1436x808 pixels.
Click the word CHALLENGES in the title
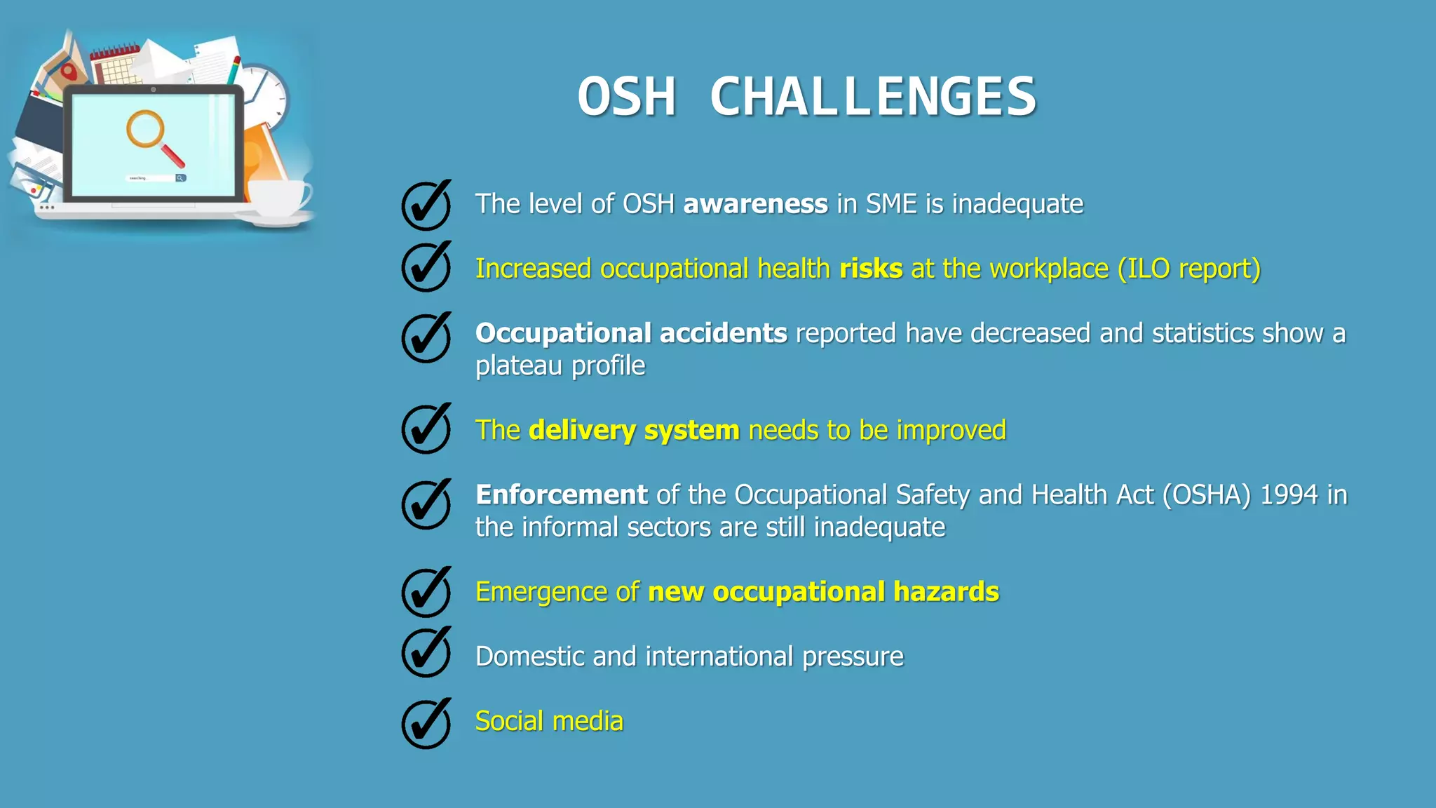873,97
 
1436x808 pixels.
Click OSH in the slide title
626,97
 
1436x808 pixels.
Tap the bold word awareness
755,204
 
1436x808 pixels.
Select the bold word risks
871,269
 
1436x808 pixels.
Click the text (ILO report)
1189,269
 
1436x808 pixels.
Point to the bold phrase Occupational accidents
631,333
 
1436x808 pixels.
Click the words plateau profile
560,365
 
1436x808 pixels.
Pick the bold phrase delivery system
634,430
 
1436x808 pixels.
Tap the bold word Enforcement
561,494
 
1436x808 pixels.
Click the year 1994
1289,494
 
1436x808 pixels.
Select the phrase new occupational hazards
823,592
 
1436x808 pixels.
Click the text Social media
549,721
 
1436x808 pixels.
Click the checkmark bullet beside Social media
426,724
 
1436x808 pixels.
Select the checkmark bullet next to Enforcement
426,504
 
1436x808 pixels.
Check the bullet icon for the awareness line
426,206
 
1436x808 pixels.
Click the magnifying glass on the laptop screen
152,136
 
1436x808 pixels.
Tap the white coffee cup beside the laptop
279,198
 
